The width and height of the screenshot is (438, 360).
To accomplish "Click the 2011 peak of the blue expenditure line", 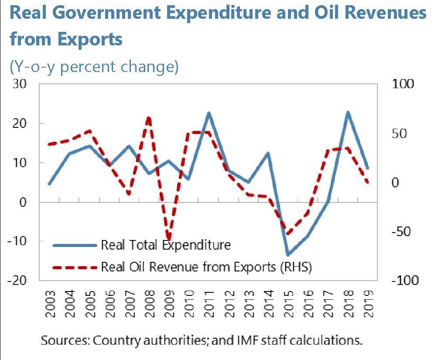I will pyautogui.click(x=209, y=113).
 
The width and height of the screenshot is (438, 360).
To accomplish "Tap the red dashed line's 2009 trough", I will pyautogui.click(x=168, y=239).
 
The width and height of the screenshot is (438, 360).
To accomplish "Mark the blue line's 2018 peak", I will pyautogui.click(x=348, y=112).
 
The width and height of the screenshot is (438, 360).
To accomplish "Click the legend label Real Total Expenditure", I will pyautogui.click(x=165, y=245).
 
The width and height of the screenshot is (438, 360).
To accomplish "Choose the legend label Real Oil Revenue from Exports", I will pyautogui.click(x=206, y=266).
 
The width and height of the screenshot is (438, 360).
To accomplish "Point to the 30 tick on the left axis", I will pyautogui.click(x=21, y=84).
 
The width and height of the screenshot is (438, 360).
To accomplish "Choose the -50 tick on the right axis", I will pyautogui.click(x=401, y=231).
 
